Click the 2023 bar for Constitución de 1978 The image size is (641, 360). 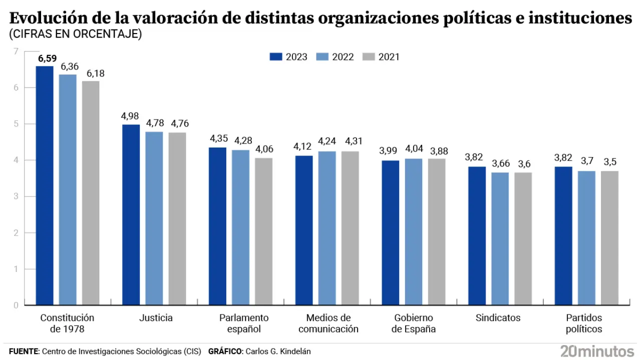pyautogui.click(x=45, y=185)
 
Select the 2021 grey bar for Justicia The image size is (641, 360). pyautogui.click(x=177, y=218)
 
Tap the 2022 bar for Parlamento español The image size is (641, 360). pyautogui.click(x=241, y=227)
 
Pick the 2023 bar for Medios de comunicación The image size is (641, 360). pyautogui.click(x=304, y=230)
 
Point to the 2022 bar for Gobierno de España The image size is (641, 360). pyautogui.click(x=414, y=232)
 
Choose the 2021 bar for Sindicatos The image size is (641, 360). pyautogui.click(x=523, y=238)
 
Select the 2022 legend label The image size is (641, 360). pyautogui.click(x=343, y=57)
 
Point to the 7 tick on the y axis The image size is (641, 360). pyautogui.click(x=16, y=51)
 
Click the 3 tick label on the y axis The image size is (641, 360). pyautogui.click(x=16, y=196)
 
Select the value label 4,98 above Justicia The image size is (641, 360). pyautogui.click(x=131, y=116)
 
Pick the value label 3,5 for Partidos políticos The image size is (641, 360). pyautogui.click(x=609, y=162)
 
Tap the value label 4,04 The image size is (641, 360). pyautogui.click(x=414, y=150)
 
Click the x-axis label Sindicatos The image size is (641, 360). pyautogui.click(x=498, y=318)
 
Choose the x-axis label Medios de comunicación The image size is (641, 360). pyautogui.click(x=328, y=323)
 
